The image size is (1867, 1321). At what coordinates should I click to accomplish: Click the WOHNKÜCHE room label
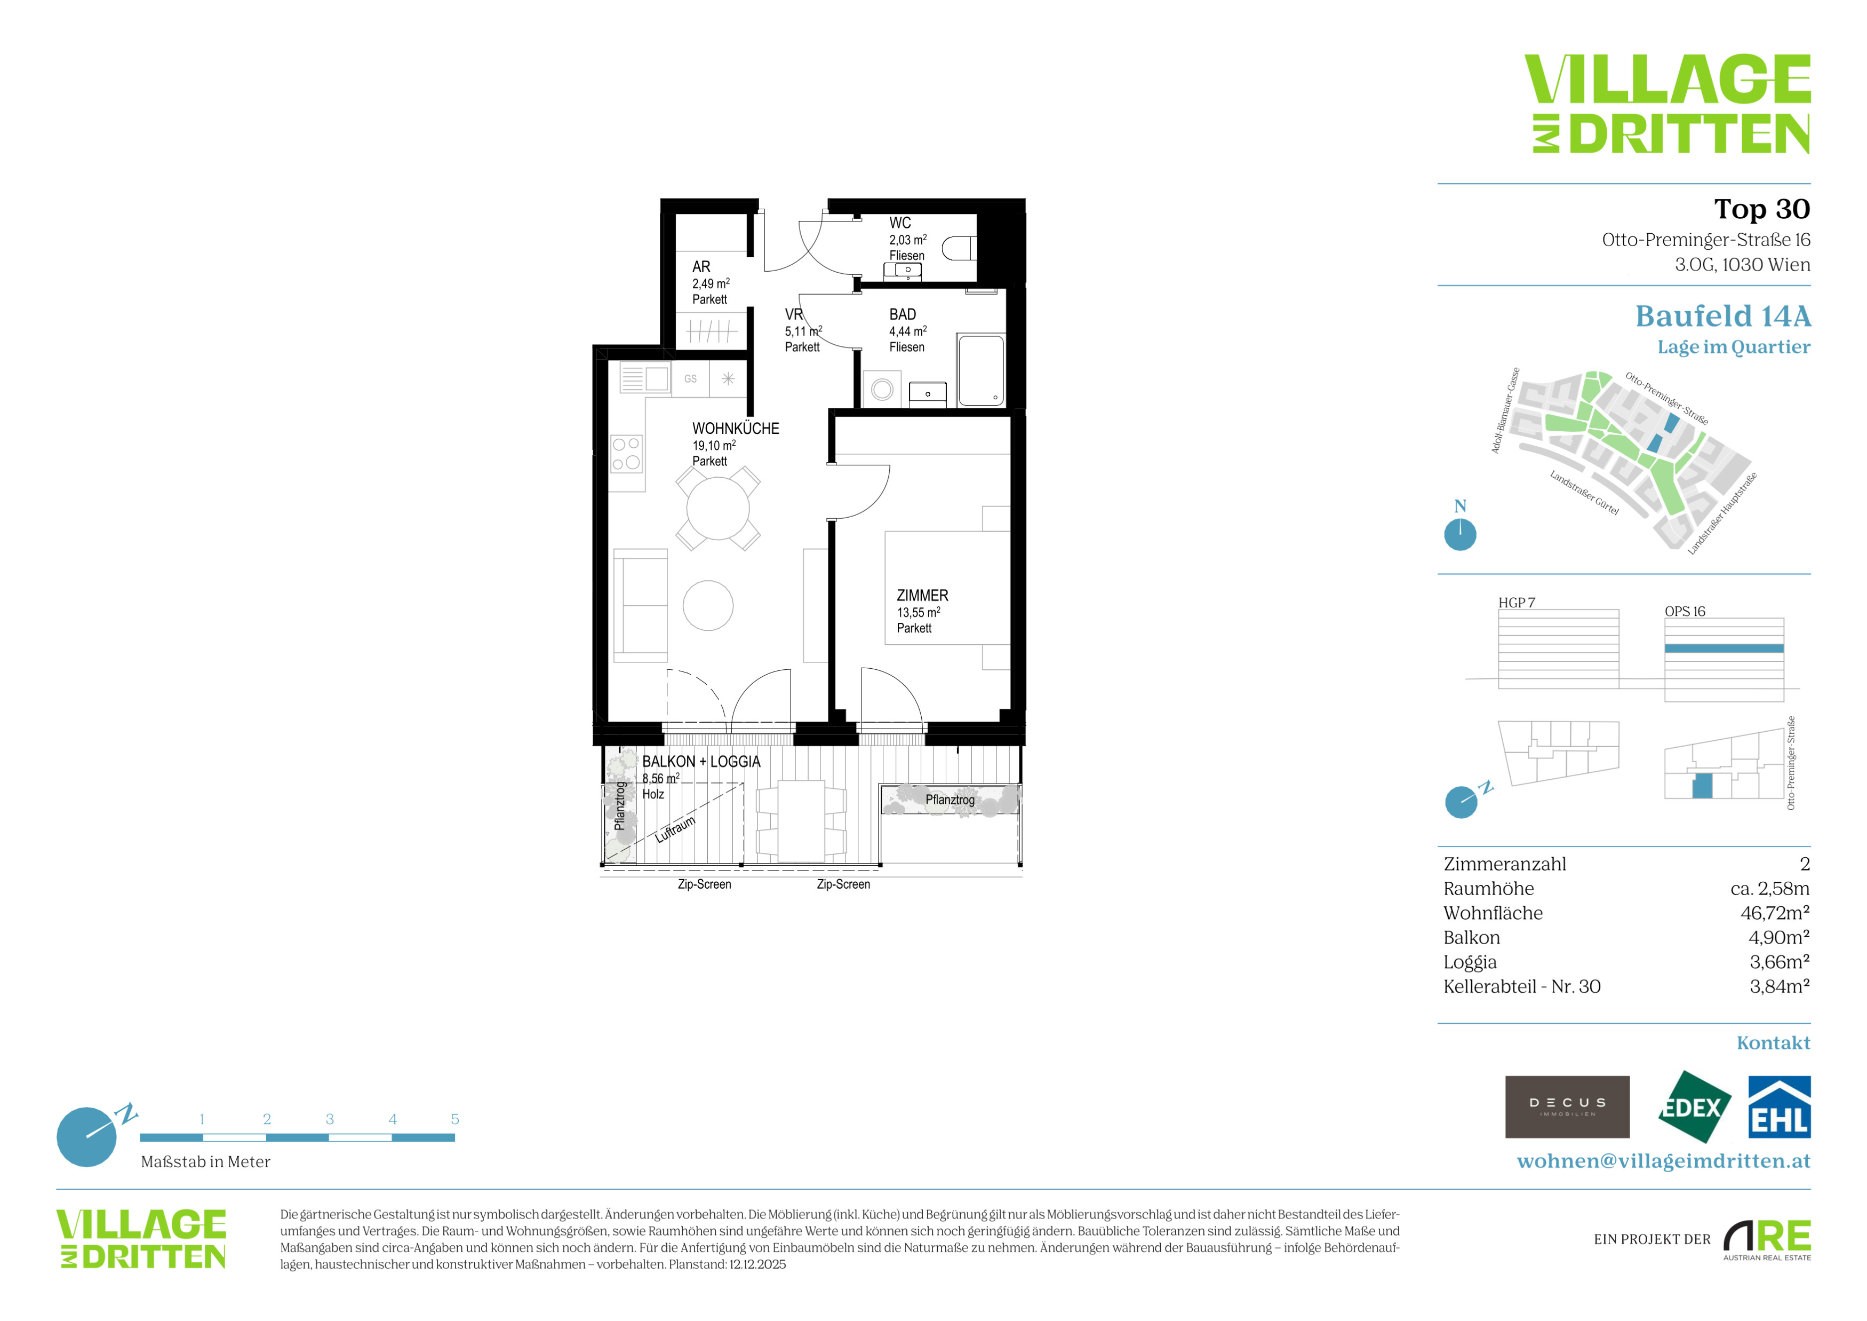tap(735, 429)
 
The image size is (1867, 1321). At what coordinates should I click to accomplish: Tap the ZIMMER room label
tap(922, 596)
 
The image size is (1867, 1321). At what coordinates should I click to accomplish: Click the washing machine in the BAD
tap(882, 390)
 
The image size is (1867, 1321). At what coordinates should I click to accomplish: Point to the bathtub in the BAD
tap(980, 370)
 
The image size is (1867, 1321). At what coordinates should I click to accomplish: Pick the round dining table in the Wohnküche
tap(718, 509)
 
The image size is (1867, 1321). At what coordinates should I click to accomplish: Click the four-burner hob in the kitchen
tap(626, 454)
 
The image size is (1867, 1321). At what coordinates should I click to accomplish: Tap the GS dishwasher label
tap(690, 379)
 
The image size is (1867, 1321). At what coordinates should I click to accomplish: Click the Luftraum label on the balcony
tap(675, 829)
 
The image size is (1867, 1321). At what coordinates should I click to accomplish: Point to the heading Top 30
tap(1762, 209)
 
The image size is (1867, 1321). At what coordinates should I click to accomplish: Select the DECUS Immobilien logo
tap(1567, 1107)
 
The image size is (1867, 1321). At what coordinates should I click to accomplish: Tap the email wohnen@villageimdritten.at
tap(1664, 1161)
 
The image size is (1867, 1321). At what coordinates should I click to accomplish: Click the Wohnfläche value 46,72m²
tap(1775, 913)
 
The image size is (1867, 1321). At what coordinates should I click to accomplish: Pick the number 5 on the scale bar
tap(454, 1119)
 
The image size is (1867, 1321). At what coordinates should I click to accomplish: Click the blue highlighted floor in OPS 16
tap(1724, 648)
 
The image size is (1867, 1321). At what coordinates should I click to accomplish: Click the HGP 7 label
tap(1517, 603)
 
